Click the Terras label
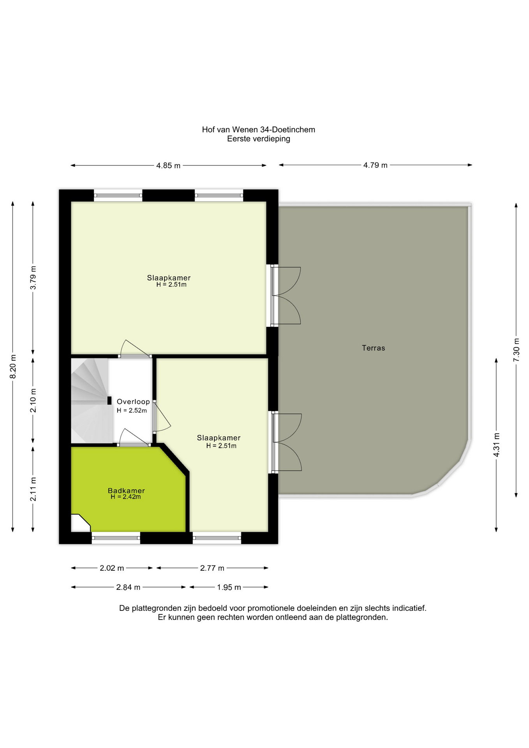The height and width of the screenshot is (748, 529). (373, 348)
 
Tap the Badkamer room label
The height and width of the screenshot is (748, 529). (126, 490)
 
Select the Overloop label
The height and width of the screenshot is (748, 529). (133, 402)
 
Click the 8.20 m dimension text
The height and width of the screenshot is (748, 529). (13, 366)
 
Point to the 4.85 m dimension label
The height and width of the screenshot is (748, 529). (168, 166)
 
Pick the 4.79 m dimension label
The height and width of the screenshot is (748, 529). (375, 165)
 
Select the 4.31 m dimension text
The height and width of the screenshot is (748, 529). (496, 445)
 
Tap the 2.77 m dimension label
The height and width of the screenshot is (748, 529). (212, 568)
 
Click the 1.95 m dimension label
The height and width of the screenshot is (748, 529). (229, 587)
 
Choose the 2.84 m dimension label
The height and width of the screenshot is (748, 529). (128, 587)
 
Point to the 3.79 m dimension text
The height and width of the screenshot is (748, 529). (33, 277)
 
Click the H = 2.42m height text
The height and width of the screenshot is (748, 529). (125, 497)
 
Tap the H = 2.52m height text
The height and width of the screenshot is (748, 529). (132, 411)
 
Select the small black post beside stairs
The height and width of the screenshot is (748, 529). (109, 400)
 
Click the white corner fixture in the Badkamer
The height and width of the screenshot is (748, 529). (79, 524)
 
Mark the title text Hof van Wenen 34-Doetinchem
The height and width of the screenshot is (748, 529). (258, 130)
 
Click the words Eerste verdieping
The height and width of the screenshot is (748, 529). (258, 139)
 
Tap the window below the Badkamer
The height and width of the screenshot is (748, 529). (116, 538)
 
